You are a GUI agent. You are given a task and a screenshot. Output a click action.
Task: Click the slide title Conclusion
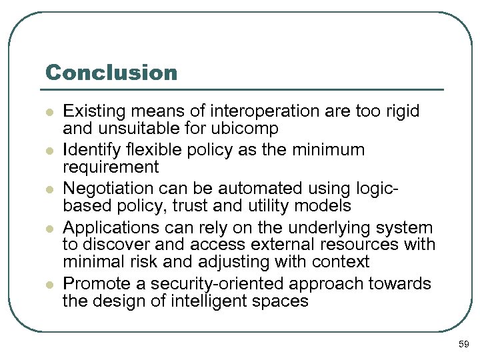click(111, 72)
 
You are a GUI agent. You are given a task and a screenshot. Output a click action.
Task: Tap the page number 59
click(464, 344)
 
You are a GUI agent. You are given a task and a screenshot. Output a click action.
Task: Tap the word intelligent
click(212, 301)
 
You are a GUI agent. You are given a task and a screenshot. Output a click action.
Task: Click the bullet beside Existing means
click(49, 111)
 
